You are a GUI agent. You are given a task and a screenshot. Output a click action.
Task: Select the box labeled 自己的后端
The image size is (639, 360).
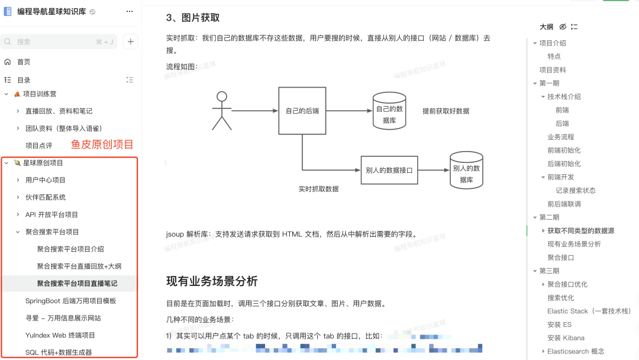(302, 111)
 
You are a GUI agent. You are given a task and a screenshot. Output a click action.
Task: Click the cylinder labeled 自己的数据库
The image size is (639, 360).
(389, 111)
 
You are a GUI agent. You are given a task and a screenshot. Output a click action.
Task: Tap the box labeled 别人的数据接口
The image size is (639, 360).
(389, 170)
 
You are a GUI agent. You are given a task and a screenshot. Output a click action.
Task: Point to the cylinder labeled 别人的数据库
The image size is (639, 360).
(466, 171)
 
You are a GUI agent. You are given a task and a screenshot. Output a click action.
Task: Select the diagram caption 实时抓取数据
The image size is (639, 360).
(318, 189)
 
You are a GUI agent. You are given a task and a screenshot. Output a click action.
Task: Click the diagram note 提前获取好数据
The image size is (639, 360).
(446, 111)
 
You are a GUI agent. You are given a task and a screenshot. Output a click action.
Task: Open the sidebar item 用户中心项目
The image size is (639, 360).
(46, 180)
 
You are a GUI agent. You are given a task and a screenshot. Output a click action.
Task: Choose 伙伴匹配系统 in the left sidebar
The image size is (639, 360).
(46, 197)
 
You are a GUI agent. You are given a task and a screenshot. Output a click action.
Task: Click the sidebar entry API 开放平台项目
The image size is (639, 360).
(51, 214)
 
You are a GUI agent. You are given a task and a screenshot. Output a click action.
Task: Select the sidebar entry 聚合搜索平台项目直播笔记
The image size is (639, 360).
(77, 284)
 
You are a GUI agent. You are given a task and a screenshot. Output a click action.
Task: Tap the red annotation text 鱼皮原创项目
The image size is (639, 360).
(102, 144)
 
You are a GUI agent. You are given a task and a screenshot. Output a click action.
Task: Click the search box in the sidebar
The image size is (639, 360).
(59, 42)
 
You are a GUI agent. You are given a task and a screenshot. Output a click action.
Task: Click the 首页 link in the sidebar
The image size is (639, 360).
(24, 62)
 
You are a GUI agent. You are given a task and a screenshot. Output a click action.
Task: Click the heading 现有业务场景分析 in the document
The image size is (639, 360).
(212, 281)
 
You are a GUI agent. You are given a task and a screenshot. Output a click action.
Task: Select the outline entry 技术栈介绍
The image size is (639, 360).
(564, 97)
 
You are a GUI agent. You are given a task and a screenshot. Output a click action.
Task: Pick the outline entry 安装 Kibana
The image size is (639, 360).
(566, 338)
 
